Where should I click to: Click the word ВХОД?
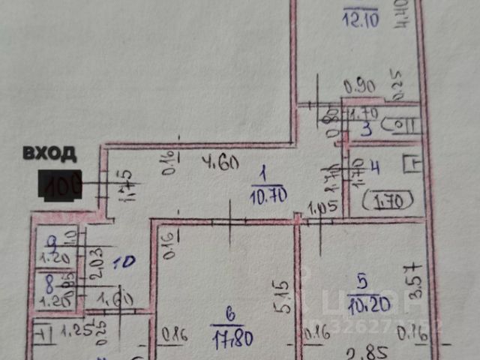tap(49, 154)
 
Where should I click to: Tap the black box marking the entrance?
tap(61, 185)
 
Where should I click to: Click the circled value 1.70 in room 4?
tap(385, 200)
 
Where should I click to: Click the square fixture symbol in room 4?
tap(410, 163)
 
